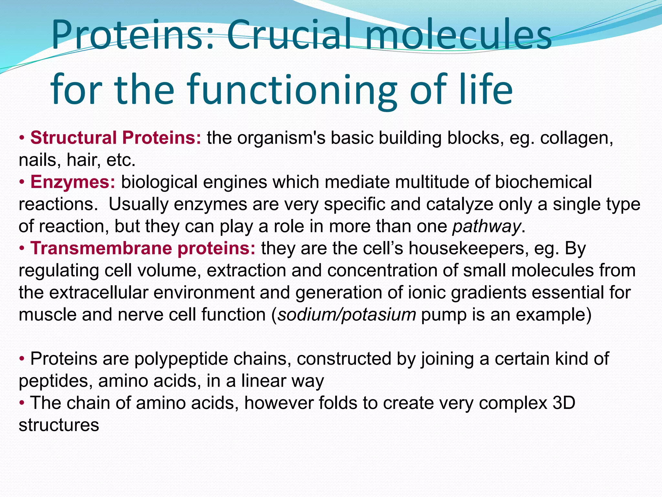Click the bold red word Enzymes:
[x=73, y=182]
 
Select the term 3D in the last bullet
[x=564, y=403]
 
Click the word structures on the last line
[x=59, y=425]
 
